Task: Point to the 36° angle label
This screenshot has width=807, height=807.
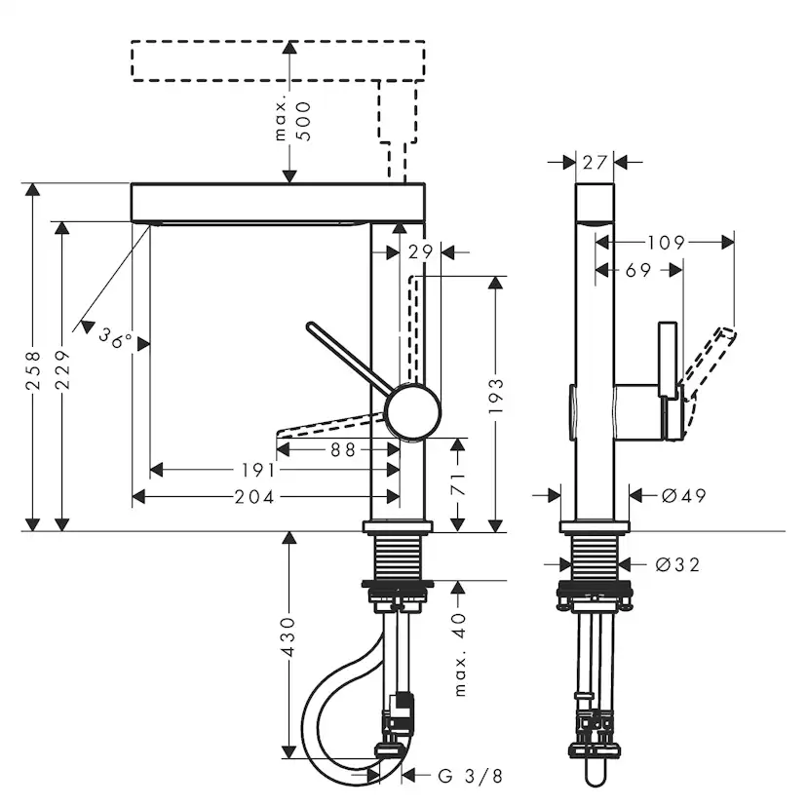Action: pyautogui.click(x=115, y=338)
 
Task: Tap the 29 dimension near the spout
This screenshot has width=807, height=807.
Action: pyautogui.click(x=420, y=251)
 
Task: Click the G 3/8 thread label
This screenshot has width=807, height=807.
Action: pyautogui.click(x=470, y=776)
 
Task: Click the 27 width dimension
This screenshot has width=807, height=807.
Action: pyautogui.click(x=596, y=162)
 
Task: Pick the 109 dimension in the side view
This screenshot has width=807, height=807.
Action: pyautogui.click(x=666, y=243)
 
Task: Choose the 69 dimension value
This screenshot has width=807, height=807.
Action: pyautogui.click(x=638, y=271)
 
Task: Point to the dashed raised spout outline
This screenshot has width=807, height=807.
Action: pyautogui.click(x=278, y=61)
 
